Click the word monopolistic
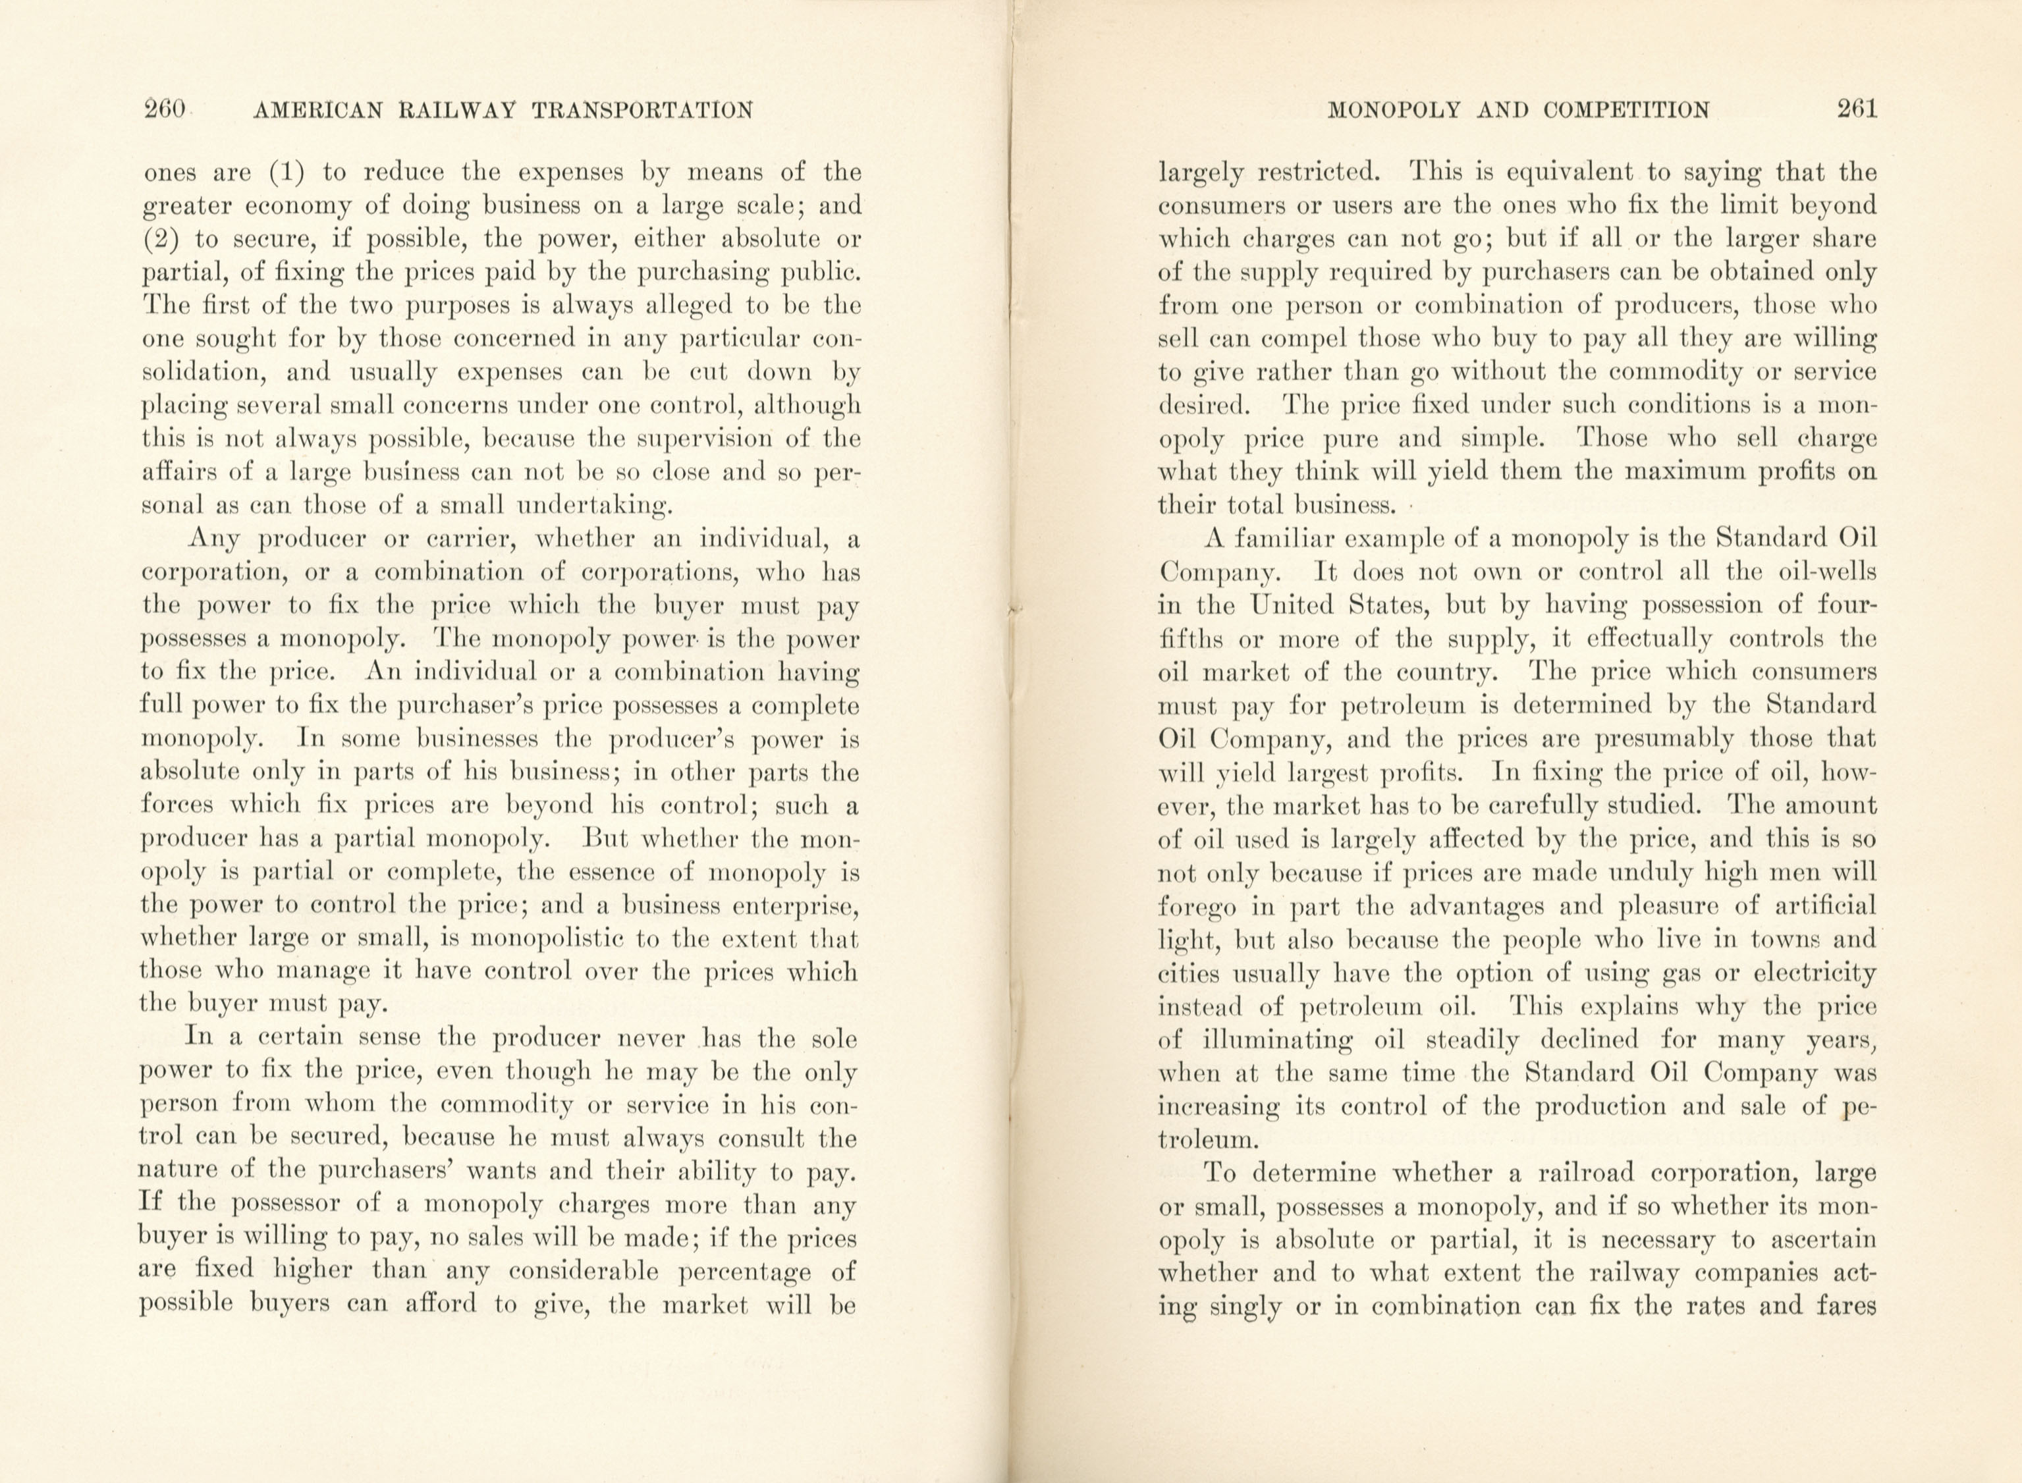[x=548, y=940]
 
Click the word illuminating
[x=1278, y=1040]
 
